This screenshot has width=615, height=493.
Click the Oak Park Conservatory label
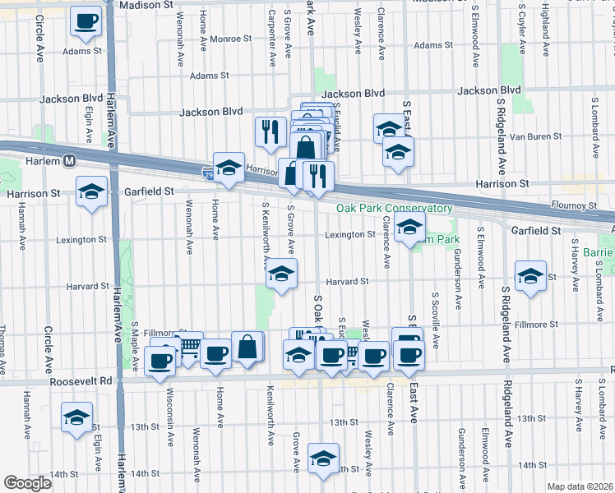394,209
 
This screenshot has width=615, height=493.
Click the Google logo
27,483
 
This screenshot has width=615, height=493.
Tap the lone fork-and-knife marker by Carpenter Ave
271,131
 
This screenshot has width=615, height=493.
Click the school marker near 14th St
324,458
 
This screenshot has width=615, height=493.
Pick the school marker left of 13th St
76,417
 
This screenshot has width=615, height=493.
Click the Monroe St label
229,39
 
